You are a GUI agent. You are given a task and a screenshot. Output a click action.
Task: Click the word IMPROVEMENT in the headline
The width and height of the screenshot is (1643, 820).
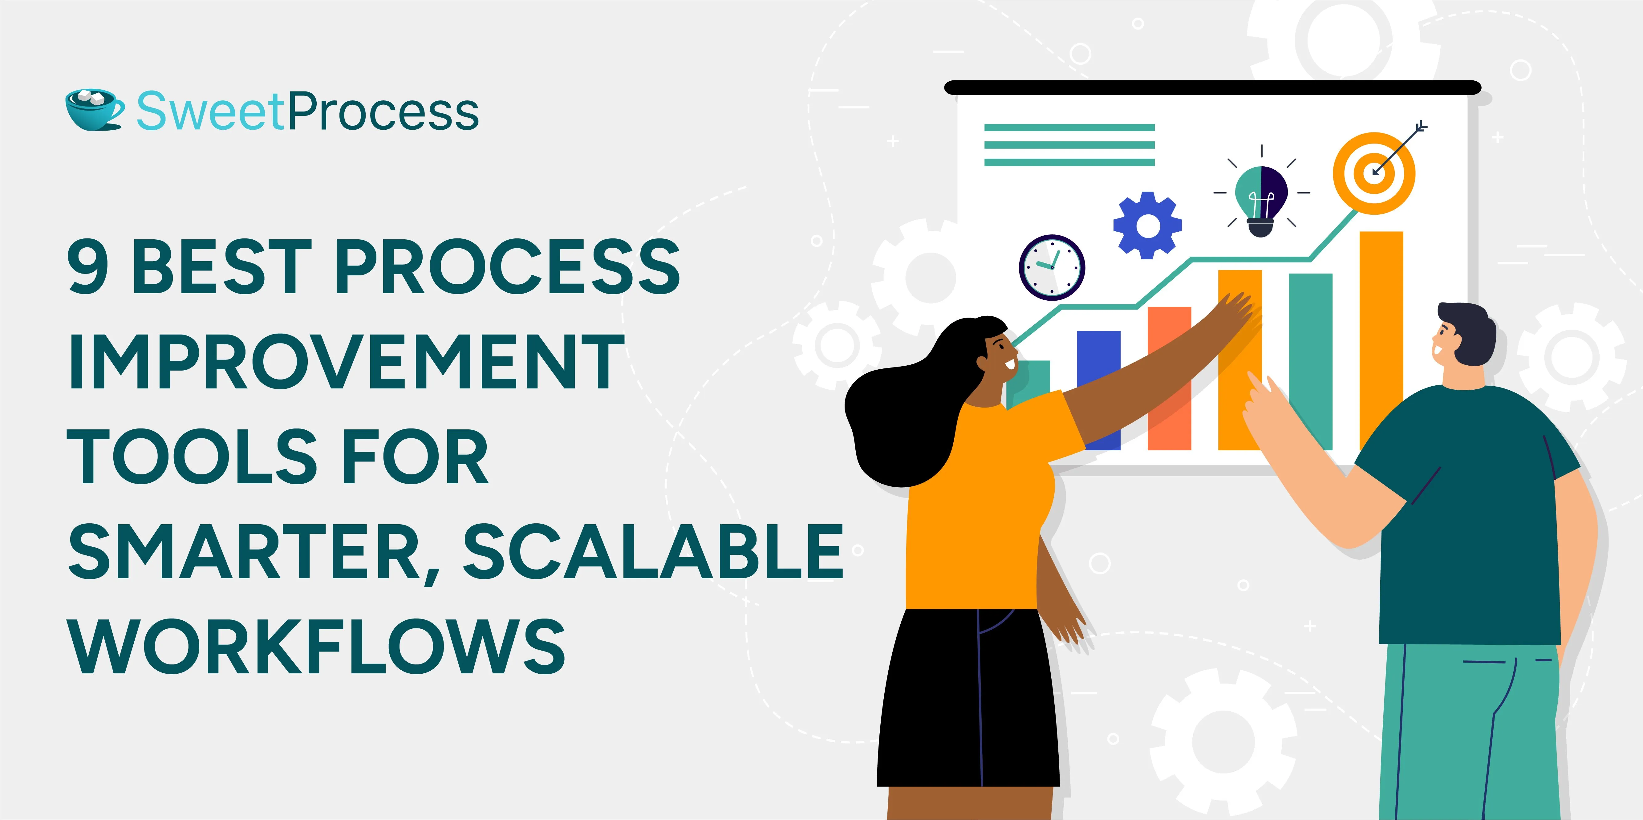pos(346,362)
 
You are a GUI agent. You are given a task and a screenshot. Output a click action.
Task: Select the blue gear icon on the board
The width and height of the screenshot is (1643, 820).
pos(1147,225)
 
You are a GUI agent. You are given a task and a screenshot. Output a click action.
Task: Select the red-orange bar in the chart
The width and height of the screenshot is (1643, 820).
pos(1169,378)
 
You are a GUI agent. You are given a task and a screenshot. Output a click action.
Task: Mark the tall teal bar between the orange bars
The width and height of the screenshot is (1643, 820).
pos(1311,362)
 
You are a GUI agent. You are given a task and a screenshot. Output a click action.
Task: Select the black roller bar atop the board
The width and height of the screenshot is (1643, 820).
pos(1212,87)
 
